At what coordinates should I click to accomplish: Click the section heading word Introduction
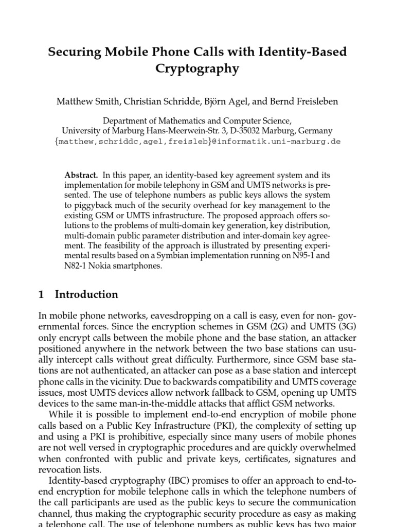(86, 295)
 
